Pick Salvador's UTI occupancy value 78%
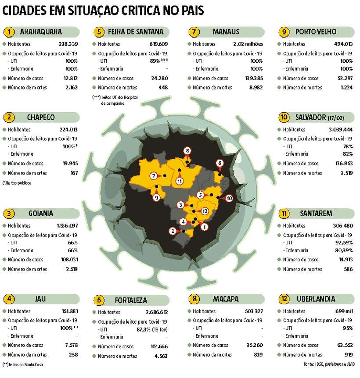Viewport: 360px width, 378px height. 348,146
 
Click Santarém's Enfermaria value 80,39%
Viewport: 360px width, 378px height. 343,250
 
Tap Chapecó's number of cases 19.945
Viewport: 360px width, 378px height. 70,164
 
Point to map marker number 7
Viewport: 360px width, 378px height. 153,176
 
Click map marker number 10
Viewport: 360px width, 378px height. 229,198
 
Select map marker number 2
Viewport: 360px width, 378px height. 173,231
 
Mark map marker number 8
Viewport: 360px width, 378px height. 187,152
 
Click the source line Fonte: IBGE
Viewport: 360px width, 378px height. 330,365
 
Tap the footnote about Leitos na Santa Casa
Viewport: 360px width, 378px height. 23,364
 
